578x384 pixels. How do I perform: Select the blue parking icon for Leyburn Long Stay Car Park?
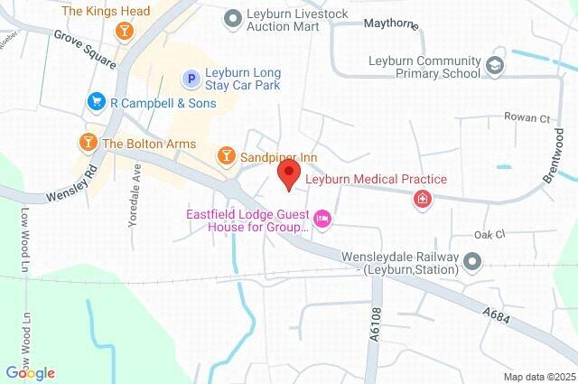[191, 80]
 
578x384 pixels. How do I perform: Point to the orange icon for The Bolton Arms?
[88, 143]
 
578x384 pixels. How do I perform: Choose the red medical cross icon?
[422, 200]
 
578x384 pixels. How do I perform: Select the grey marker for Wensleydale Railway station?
[471, 263]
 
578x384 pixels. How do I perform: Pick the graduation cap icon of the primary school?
[495, 65]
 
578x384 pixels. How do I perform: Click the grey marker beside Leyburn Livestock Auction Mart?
[233, 15]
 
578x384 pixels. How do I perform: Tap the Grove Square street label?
[85, 49]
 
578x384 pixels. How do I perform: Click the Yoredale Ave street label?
[135, 194]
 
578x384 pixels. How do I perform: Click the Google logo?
[30, 372]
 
